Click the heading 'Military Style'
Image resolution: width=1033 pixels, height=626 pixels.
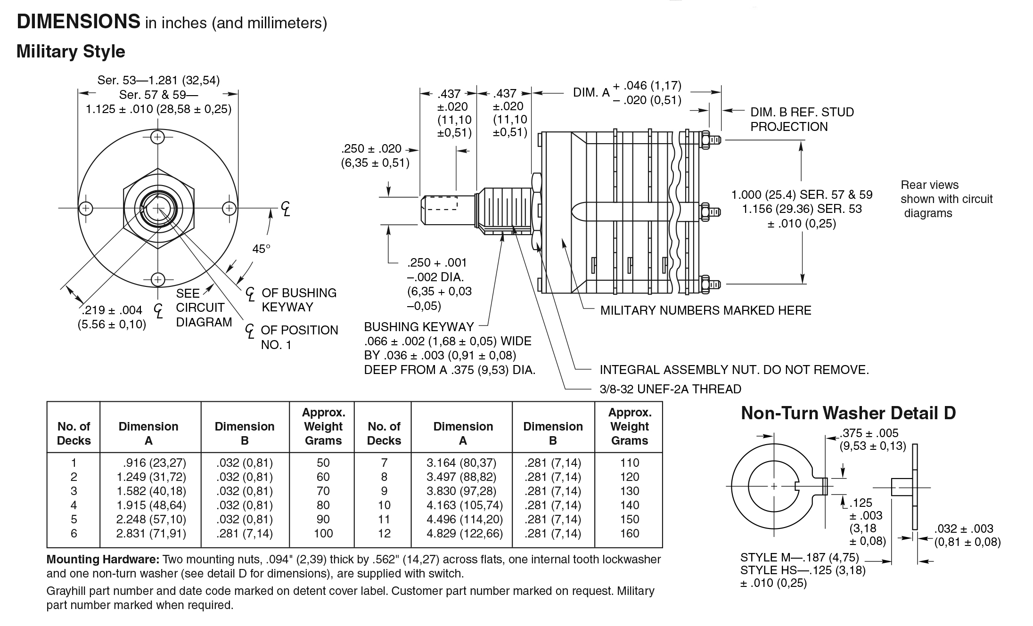pyautogui.click(x=71, y=51)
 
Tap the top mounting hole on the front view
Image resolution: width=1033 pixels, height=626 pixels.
pyautogui.click(x=157, y=137)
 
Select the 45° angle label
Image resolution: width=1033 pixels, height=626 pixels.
pyautogui.click(x=261, y=248)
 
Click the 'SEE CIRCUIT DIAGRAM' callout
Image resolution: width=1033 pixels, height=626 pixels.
pyautogui.click(x=204, y=308)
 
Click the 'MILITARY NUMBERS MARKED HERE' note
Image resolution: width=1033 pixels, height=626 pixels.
pyautogui.click(x=705, y=310)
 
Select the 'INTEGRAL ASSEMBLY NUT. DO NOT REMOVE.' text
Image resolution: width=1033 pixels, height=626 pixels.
pyautogui.click(x=734, y=370)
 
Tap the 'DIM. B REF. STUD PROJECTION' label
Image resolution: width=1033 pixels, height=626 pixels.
pyautogui.click(x=802, y=119)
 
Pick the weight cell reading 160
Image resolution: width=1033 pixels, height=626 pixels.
pyautogui.click(x=630, y=533)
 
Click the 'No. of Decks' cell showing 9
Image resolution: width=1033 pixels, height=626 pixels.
pyautogui.click(x=384, y=491)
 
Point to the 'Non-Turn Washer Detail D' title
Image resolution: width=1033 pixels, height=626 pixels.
pyautogui.click(x=848, y=413)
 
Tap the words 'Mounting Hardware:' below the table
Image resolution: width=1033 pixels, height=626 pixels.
pyautogui.click(x=103, y=560)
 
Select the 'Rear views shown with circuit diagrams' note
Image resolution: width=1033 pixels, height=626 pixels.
pyautogui.click(x=946, y=199)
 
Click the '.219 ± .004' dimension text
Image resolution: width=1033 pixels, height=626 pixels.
pyautogui.click(x=112, y=310)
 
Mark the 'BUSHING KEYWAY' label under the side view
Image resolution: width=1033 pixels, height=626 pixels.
pyautogui.click(x=418, y=327)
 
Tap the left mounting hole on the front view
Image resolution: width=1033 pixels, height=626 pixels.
pyautogui.click(x=86, y=208)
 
